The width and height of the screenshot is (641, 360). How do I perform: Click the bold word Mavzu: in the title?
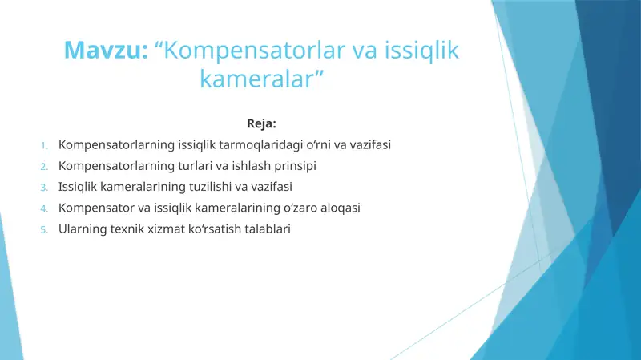pos(106,51)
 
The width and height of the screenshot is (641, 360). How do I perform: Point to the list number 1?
pos(45,146)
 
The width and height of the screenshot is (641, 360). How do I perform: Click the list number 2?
pos(45,167)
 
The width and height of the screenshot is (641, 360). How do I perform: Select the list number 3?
pos(45,188)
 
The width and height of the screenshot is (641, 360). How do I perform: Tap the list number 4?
pos(45,208)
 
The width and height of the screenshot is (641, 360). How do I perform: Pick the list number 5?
pos(45,229)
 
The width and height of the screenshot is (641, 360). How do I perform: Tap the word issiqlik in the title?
pos(417,51)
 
